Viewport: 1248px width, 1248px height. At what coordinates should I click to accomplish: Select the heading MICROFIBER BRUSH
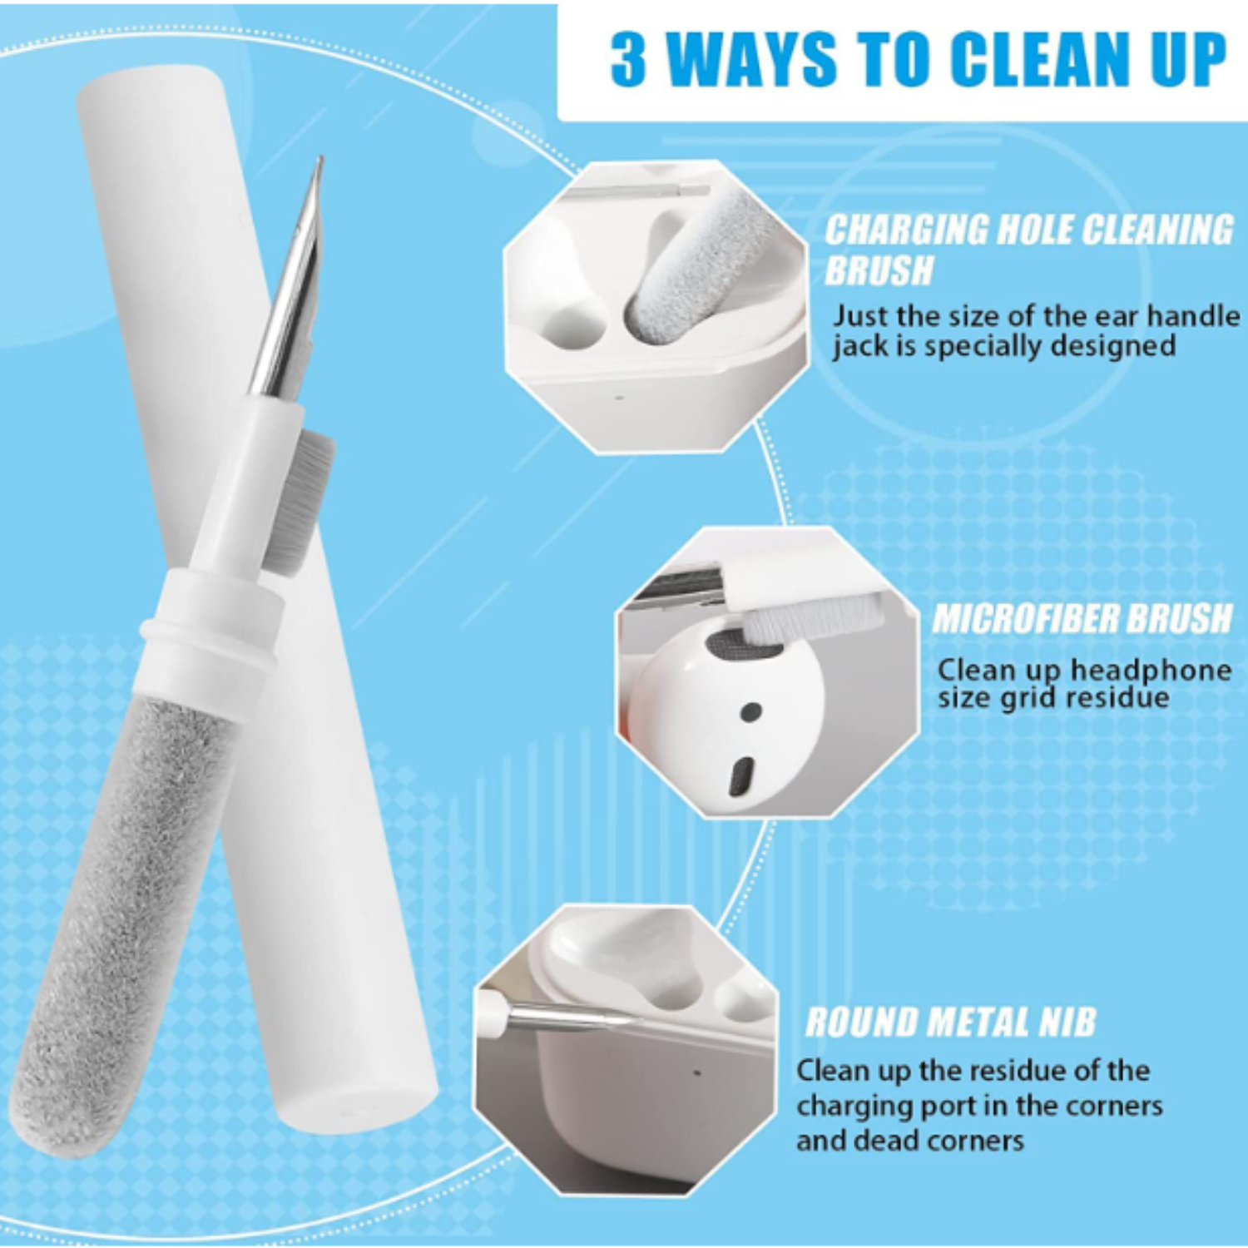pos(1082,619)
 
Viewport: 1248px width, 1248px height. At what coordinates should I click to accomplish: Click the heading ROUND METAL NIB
pos(951,1023)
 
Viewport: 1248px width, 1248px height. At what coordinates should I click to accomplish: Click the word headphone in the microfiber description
pos(1151,670)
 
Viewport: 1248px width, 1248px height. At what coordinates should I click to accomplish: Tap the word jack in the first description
pos(861,347)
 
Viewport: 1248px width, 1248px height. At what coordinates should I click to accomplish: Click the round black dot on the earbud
pos(750,712)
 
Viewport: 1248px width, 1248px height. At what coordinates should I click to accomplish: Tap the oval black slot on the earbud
pos(741,776)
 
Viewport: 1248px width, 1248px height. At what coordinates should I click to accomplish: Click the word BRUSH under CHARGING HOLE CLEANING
pos(879,270)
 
